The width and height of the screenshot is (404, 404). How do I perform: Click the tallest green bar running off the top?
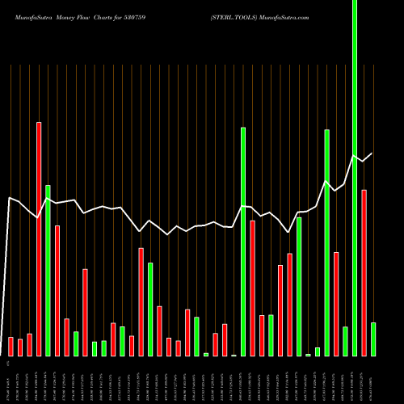tap(355, 162)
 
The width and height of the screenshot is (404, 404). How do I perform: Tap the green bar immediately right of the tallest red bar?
tap(48, 271)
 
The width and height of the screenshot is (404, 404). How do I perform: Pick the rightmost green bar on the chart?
tap(373, 339)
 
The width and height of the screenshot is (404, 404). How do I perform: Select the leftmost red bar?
tap(11, 346)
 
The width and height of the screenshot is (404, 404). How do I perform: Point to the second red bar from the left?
tap(20, 347)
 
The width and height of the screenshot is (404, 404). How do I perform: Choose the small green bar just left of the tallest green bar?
tap(346, 341)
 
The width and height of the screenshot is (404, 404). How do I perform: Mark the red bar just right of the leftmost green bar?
tap(57, 291)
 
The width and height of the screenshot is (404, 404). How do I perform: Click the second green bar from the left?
tap(76, 343)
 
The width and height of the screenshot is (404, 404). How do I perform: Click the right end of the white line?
tap(372, 154)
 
